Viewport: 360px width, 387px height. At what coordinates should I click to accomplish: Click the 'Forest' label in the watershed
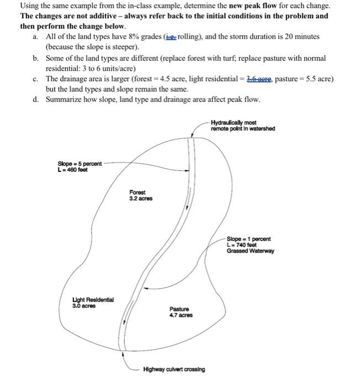coord(137,192)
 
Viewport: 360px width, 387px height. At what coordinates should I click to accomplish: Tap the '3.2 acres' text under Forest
coord(141,198)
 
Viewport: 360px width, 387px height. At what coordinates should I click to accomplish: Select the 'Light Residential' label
coord(93,299)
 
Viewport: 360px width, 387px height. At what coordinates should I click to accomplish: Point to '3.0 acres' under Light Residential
coord(83,305)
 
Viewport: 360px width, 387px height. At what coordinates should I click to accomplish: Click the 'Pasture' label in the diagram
coord(179,308)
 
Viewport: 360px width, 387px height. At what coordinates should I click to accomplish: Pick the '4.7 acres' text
coord(181,315)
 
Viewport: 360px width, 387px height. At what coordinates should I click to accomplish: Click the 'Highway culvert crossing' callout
coord(173,369)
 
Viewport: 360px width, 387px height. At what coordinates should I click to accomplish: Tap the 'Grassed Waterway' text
coord(250,251)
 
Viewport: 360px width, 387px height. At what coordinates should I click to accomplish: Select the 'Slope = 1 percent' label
coord(248,239)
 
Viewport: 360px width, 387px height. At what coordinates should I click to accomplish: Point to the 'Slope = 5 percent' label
coord(80,164)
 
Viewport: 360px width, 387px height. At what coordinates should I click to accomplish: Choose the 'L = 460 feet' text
coord(72,170)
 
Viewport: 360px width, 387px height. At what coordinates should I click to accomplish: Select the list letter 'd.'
coord(36,100)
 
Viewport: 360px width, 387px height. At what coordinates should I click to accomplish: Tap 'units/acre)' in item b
coord(118,69)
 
